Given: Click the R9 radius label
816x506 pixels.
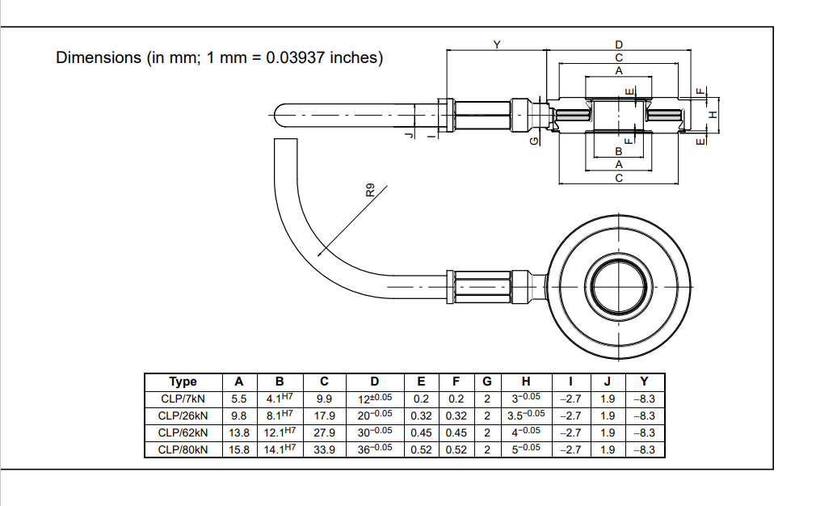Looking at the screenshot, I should coord(370,191).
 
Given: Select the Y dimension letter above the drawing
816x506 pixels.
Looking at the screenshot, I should coord(496,44).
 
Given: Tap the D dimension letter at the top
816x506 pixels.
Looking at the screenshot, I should coord(619,44).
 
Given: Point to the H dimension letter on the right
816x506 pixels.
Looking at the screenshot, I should coord(712,115).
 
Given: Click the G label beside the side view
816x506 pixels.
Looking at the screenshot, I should coord(532,141).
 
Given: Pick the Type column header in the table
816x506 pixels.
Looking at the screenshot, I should coord(183,382).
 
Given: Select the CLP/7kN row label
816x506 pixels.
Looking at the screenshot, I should coord(183,398).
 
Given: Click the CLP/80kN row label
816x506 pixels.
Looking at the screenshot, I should coord(183,449).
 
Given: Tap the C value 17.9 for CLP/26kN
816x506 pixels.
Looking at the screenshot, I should coord(325,415).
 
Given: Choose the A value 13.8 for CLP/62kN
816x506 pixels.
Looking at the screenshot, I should coord(239,432).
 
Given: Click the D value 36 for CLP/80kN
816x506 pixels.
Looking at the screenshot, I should coord(374,449).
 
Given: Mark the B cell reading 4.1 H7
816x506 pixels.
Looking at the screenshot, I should coord(280,398).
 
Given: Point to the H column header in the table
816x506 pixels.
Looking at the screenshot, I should coord(526,382).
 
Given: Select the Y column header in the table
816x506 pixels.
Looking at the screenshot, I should coord(644,382).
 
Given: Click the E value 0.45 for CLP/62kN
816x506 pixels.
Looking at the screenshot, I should coord(421,432).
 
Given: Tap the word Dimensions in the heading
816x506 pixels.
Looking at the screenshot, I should coord(99,58).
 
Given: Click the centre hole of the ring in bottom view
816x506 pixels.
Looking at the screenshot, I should coord(619,287).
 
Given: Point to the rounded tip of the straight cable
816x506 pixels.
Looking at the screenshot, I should coord(277,115).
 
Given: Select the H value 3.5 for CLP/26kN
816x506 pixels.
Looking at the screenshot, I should coord(526,415).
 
